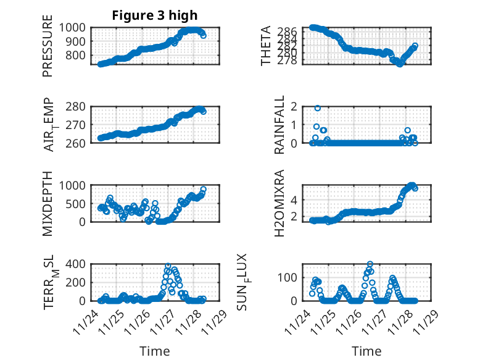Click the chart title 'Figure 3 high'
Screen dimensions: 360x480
pyautogui.click(x=155, y=15)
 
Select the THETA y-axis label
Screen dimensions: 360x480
pyautogui.click(x=266, y=46)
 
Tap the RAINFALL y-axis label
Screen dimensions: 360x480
pyautogui.click(x=279, y=125)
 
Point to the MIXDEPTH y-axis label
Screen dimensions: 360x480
pyautogui.click(x=48, y=203)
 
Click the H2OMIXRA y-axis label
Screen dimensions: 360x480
pyautogui.click(x=279, y=203)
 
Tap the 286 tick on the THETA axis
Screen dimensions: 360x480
pyautogui.click(x=291, y=31)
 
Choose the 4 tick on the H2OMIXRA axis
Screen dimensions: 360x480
pyautogui.click(x=294, y=199)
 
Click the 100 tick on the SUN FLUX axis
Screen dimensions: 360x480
pyautogui.click(x=289, y=276)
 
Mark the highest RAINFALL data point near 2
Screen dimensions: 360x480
pyautogui.click(x=318, y=108)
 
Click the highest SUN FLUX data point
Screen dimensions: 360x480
pyautogui.click(x=370, y=264)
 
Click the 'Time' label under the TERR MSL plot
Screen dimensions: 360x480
pyautogui.click(x=155, y=351)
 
